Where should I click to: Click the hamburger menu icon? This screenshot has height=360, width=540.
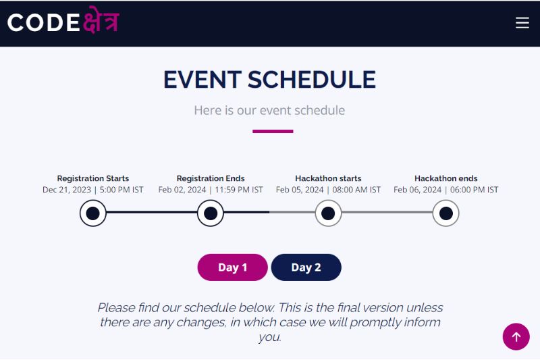[x=522, y=23]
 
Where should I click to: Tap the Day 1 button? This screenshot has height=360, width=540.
[x=232, y=267]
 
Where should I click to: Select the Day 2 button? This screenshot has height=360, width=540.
[x=306, y=267]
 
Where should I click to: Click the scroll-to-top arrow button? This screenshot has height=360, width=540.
[x=516, y=336]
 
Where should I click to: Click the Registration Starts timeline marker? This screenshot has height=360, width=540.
[x=93, y=213]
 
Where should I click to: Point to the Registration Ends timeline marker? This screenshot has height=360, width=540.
[x=211, y=213]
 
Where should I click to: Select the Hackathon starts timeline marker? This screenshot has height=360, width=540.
[x=328, y=213]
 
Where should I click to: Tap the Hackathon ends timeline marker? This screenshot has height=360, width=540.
[x=446, y=213]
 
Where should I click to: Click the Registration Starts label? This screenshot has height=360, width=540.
[x=93, y=178]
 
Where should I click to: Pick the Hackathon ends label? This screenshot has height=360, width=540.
[x=446, y=178]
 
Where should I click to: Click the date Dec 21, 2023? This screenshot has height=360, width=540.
[x=67, y=190]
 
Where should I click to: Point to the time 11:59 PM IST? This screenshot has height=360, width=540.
[x=239, y=190]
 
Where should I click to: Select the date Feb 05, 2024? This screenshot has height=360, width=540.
[x=300, y=190]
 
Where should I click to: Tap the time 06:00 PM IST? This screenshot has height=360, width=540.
[x=475, y=190]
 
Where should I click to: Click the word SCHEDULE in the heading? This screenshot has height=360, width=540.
[x=312, y=80]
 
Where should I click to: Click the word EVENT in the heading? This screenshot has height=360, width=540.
[x=202, y=80]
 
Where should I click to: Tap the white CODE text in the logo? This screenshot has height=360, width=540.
[x=43, y=23]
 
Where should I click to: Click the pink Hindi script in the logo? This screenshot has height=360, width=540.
[x=101, y=20]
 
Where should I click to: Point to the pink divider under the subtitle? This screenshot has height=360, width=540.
[x=273, y=131]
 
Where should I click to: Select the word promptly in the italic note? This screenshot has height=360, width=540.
[x=375, y=322]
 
